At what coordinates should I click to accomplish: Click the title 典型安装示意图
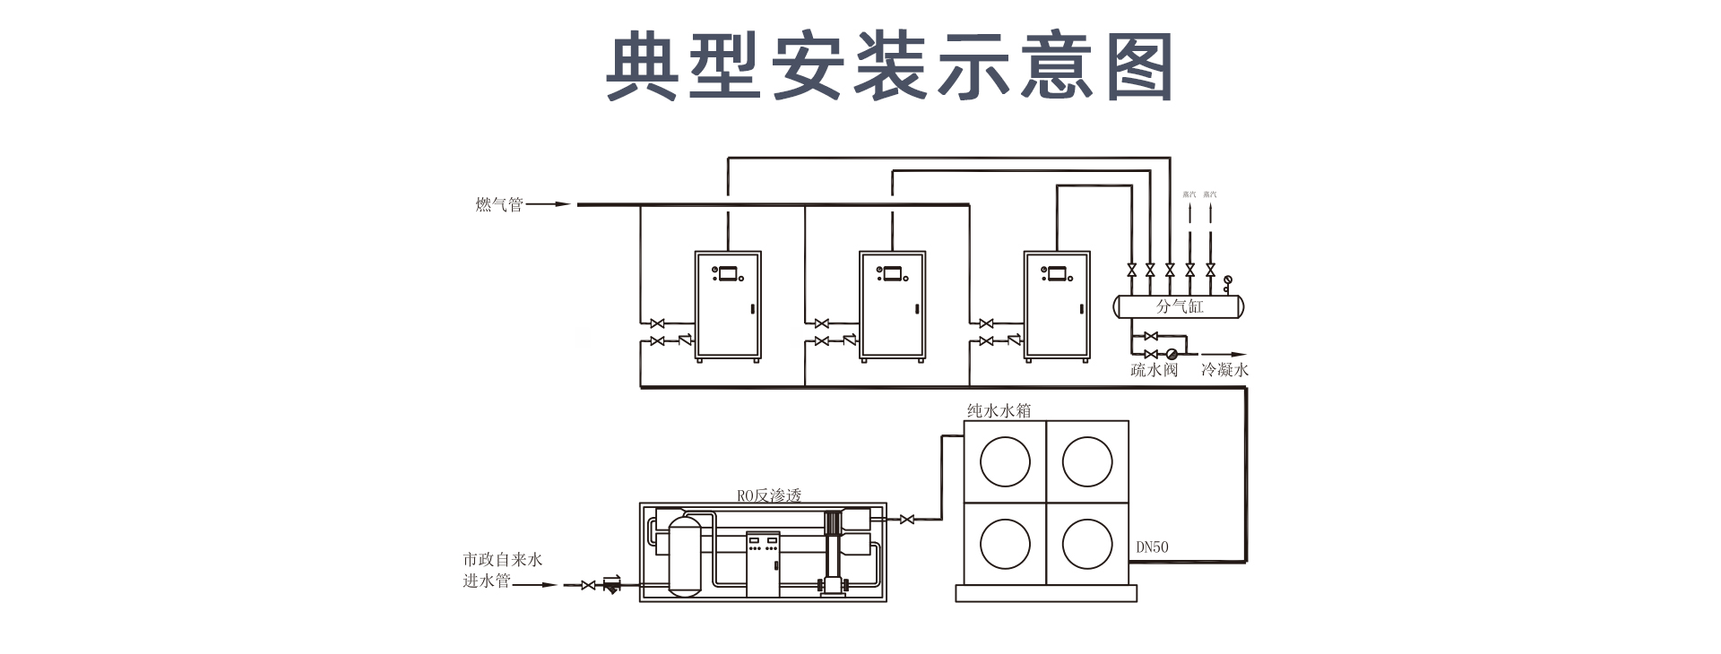pyautogui.click(x=889, y=67)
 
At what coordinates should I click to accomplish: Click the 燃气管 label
pyautogui.click(x=499, y=205)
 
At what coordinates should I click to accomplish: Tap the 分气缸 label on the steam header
pyautogui.click(x=1180, y=306)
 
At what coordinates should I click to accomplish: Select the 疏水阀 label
pyautogui.click(x=1154, y=370)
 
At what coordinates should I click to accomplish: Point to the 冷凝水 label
pyautogui.click(x=1224, y=370)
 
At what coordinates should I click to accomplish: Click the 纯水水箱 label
pyautogui.click(x=999, y=410)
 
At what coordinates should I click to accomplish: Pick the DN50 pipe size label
pyautogui.click(x=1152, y=546)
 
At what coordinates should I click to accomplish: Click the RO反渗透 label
pyautogui.click(x=768, y=495)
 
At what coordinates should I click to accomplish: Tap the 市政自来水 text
pyautogui.click(x=502, y=560)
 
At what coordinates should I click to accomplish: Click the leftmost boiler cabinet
pyautogui.click(x=728, y=306)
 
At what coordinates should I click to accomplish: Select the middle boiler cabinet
pyautogui.click(x=892, y=306)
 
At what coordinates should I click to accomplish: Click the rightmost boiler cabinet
pyautogui.click(x=1057, y=306)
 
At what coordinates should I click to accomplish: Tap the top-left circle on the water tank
pyautogui.click(x=1005, y=462)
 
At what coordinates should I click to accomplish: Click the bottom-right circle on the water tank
pyautogui.click(x=1087, y=543)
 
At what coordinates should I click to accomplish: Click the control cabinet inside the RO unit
pyautogui.click(x=763, y=564)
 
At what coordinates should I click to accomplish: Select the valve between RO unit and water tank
pyautogui.click(x=906, y=520)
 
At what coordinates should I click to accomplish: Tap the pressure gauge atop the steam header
pyautogui.click(x=1227, y=280)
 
